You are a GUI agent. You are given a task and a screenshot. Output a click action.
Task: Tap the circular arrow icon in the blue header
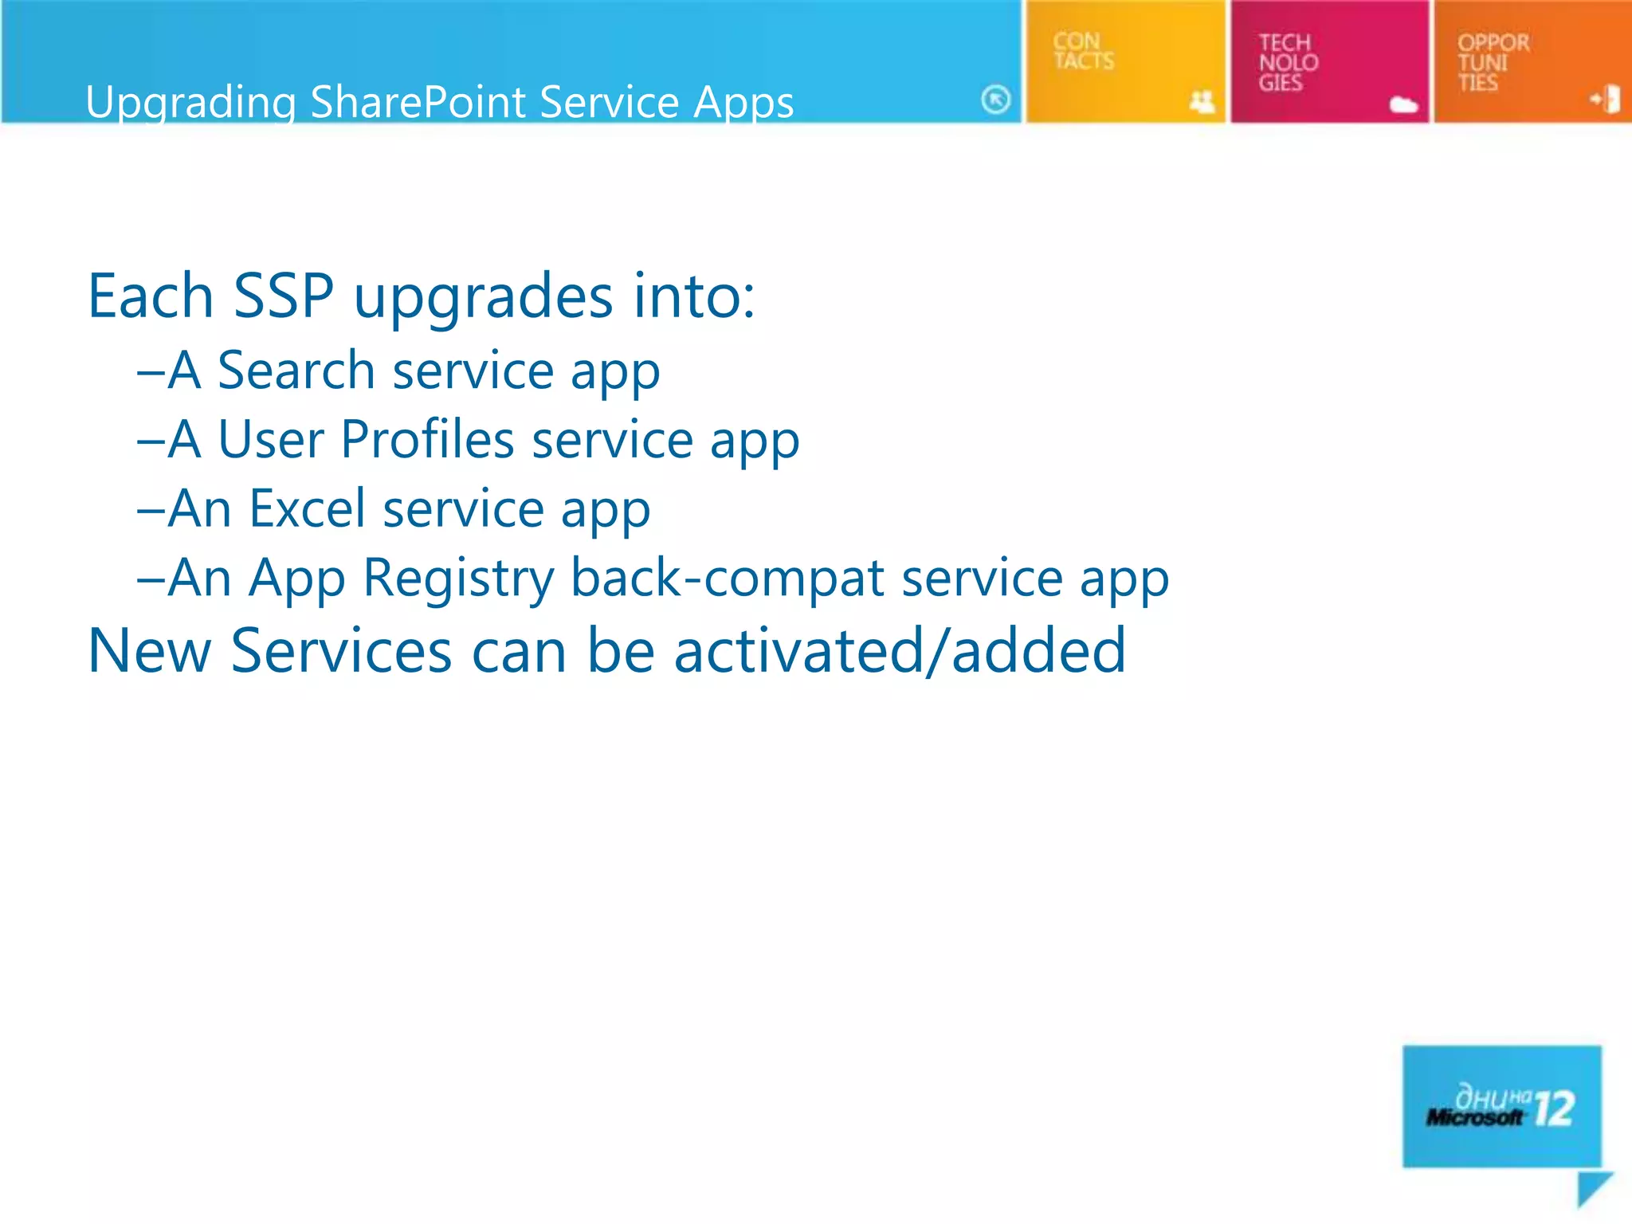[x=995, y=100]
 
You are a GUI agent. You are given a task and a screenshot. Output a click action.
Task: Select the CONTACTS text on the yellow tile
[x=1083, y=51]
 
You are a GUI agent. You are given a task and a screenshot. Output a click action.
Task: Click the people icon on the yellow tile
[x=1202, y=101]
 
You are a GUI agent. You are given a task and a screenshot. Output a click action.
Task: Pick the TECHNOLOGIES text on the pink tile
[x=1288, y=62]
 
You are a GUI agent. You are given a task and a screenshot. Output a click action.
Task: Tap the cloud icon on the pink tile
[x=1403, y=104]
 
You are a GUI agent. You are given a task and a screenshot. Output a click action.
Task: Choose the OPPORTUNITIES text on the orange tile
[x=1493, y=62]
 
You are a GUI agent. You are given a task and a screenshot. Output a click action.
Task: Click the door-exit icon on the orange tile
[x=1606, y=100]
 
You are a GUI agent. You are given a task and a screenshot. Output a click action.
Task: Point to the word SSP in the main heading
[x=283, y=296]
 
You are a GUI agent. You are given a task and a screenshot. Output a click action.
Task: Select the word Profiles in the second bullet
[x=427, y=440]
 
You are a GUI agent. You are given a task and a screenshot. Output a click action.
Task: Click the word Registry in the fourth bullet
[x=458, y=578]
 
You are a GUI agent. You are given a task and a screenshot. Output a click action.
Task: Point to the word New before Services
[x=149, y=651]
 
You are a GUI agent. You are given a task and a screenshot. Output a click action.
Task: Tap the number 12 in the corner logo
[x=1553, y=1108]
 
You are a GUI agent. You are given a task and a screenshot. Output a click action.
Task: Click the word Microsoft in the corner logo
[x=1473, y=1117]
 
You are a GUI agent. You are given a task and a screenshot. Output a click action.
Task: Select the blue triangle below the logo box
[x=1591, y=1187]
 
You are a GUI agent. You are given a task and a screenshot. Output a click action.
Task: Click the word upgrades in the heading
[x=483, y=296]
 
